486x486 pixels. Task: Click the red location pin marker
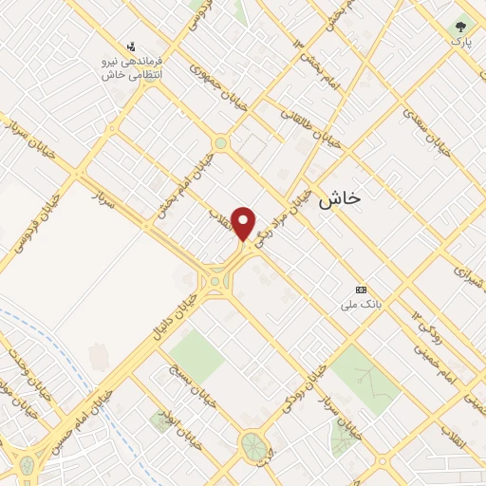(244, 222)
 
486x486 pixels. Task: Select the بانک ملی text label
(362, 306)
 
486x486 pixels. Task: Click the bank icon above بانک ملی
(361, 290)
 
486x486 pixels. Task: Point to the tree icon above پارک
(460, 27)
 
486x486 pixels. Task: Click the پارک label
(460, 43)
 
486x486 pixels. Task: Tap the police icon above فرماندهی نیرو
(132, 46)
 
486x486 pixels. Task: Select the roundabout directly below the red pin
(218, 280)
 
